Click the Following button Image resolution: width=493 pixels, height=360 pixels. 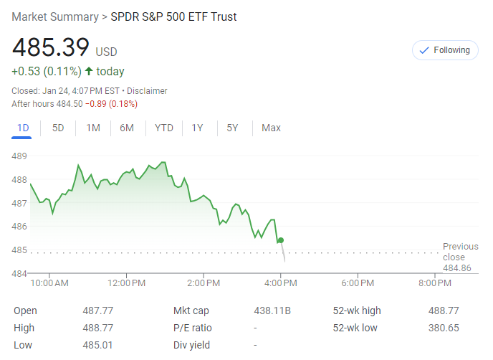click(445, 50)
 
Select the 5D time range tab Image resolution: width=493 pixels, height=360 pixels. click(58, 128)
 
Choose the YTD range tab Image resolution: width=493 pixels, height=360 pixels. click(164, 128)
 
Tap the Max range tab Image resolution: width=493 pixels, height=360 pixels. click(271, 128)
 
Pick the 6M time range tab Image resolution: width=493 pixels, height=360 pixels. click(127, 128)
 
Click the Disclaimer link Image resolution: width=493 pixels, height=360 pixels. click(147, 91)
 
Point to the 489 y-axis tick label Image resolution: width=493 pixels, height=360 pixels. click(19, 156)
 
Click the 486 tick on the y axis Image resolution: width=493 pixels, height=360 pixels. click(19, 227)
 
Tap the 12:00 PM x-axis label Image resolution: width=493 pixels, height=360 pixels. click(127, 283)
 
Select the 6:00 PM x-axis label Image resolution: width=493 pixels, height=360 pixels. click(358, 283)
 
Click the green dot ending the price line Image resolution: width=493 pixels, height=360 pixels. click(281, 240)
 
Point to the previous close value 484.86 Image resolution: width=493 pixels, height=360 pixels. click(456, 268)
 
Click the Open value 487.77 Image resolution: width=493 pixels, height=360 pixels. click(97, 311)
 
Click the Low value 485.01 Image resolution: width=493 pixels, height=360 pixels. click(97, 345)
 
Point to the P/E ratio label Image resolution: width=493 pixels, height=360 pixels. click(192, 328)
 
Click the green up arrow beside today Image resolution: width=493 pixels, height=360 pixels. click(89, 71)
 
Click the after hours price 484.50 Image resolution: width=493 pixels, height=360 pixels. click(69, 104)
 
